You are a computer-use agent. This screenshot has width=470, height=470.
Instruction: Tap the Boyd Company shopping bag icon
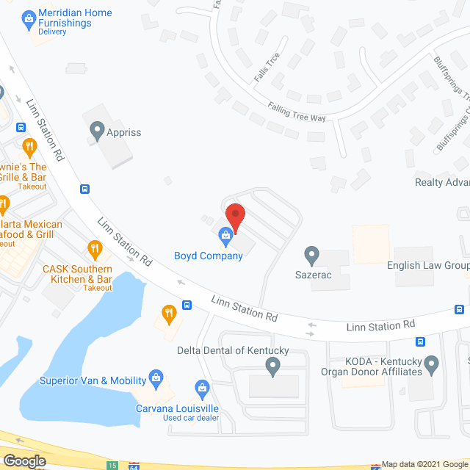(225, 236)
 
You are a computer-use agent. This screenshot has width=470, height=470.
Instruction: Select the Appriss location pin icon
(96, 132)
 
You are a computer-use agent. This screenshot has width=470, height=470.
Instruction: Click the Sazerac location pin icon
(311, 255)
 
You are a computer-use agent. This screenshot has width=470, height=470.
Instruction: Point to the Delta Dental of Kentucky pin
(272, 365)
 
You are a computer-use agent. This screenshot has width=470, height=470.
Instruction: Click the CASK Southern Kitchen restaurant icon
(93, 248)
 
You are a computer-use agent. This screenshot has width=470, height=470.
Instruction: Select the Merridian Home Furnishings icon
(28, 15)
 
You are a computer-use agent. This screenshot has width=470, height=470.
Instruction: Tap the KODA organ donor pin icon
(431, 362)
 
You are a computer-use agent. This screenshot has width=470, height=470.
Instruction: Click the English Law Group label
(428, 265)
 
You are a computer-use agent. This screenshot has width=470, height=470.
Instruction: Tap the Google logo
(23, 461)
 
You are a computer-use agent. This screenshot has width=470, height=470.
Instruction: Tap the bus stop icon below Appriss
(85, 188)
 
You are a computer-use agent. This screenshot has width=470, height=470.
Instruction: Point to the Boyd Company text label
(208, 256)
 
